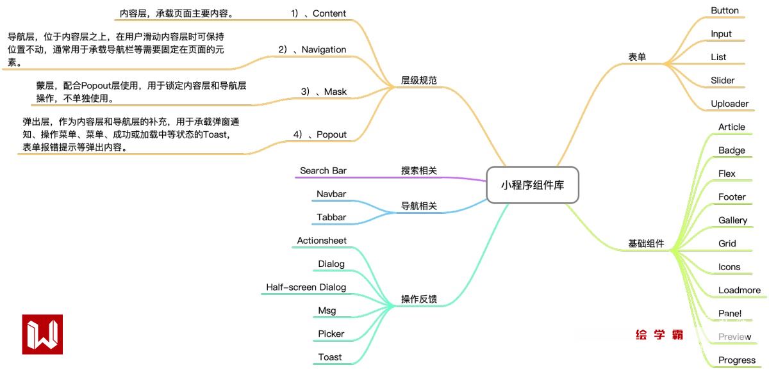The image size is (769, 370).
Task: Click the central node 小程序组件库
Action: pyautogui.click(x=532, y=186)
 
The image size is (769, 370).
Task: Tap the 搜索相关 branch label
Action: pyautogui.click(x=419, y=171)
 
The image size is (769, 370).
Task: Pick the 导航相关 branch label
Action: pyautogui.click(x=419, y=206)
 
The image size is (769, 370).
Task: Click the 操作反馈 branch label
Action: pyautogui.click(x=419, y=299)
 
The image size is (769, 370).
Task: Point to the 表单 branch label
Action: pyautogui.click(x=637, y=57)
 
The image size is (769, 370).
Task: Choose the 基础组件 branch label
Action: pyautogui.click(x=646, y=244)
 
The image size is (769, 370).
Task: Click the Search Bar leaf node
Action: pyautogui.click(x=323, y=171)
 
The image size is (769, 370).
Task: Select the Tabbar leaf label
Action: pyautogui.click(x=331, y=218)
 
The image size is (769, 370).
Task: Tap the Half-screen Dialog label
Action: pyautogui.click(x=306, y=287)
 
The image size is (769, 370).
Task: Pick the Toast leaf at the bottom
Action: pyautogui.click(x=330, y=357)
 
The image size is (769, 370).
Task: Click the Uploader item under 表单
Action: pyautogui.click(x=729, y=104)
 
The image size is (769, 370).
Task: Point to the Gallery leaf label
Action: pyautogui.click(x=732, y=220)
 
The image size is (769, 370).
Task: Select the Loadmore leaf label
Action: pyautogui.click(x=739, y=290)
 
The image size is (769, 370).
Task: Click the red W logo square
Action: pyautogui.click(x=42, y=334)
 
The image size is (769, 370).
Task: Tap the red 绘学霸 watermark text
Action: pyautogui.click(x=659, y=335)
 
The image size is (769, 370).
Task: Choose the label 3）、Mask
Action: pyautogui.click(x=324, y=92)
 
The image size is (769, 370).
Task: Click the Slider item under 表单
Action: pyautogui.click(x=722, y=81)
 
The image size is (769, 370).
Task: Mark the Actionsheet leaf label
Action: pyautogui.click(x=322, y=241)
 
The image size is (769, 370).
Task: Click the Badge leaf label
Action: pyautogui.click(x=731, y=150)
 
